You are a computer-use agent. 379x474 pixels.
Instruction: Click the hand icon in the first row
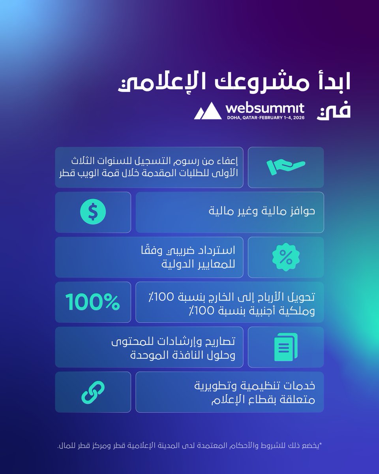click(x=286, y=167)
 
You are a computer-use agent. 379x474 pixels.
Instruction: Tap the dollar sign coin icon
click(x=93, y=212)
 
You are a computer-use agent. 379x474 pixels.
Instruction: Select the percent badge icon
click(x=286, y=257)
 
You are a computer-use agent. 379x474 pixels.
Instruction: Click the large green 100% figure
click(x=93, y=302)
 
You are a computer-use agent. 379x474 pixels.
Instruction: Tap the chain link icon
click(x=93, y=392)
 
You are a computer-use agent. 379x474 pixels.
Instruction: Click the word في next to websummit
click(x=334, y=111)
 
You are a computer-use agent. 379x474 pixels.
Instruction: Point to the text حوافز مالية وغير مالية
click(x=262, y=211)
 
